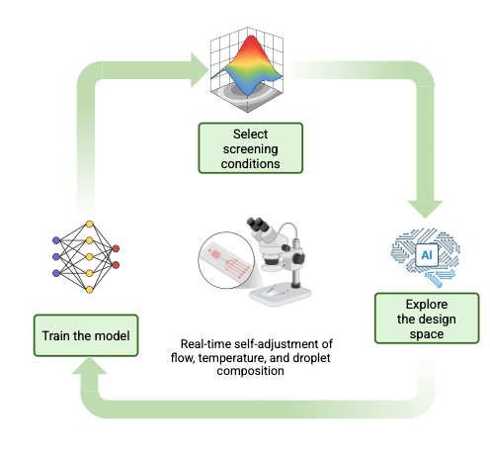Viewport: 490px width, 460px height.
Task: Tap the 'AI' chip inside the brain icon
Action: click(427, 254)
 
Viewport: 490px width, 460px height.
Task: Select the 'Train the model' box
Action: click(85, 336)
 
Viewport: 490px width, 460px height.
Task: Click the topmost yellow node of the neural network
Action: click(90, 225)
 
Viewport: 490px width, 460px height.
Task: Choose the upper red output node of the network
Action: click(118, 248)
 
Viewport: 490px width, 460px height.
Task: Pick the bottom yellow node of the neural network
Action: click(90, 292)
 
